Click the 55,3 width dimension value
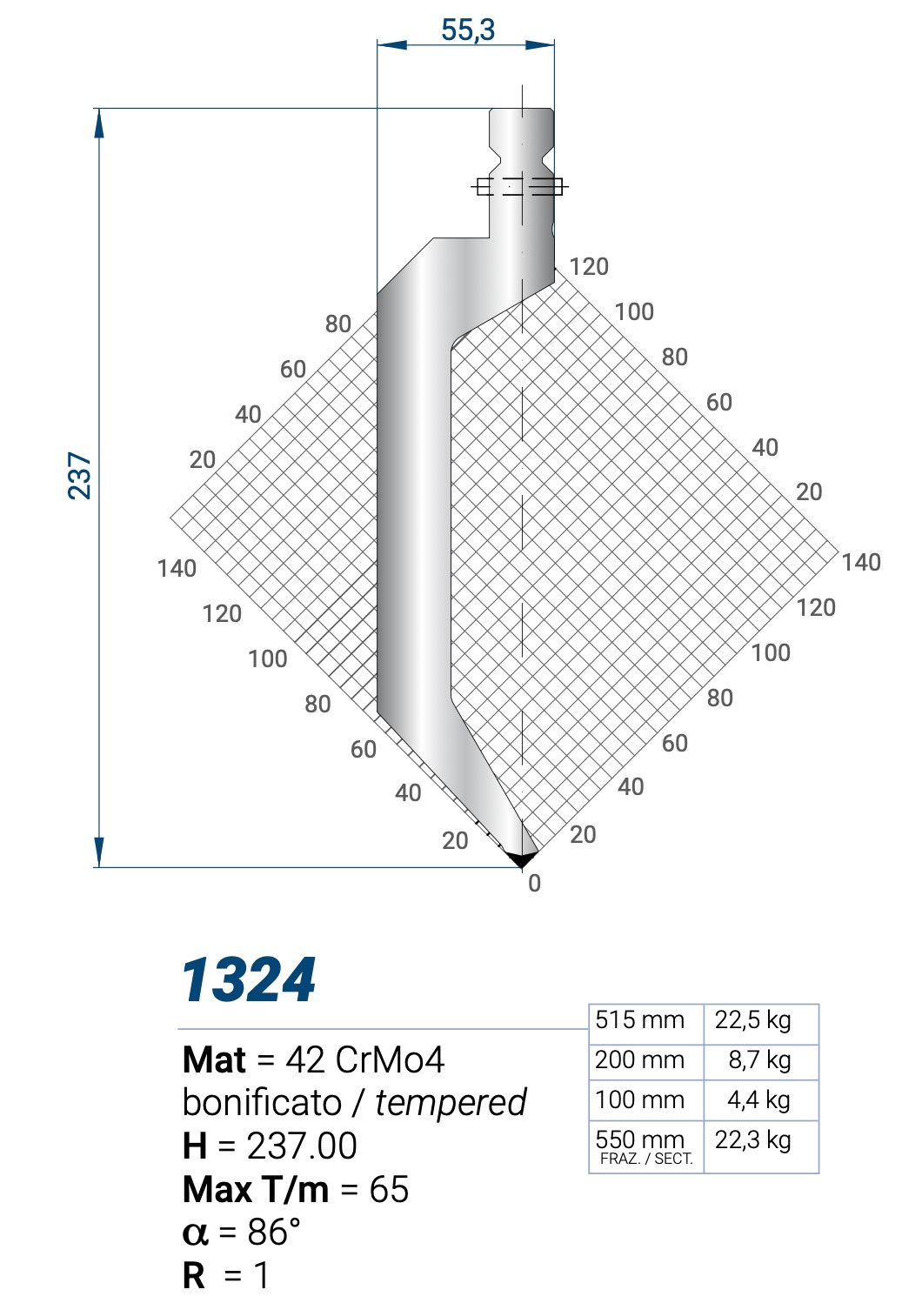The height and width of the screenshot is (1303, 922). tap(467, 30)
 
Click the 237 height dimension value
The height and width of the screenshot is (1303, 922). tap(79, 475)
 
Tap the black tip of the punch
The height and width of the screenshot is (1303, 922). tap(522, 860)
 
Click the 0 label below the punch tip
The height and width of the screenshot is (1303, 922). tap(534, 884)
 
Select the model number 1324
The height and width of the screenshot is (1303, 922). tap(249, 980)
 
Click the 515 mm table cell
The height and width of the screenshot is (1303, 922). tap(639, 1020)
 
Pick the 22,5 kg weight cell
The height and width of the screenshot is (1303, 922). tap(752, 1020)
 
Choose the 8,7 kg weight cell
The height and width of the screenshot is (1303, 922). tap(759, 1060)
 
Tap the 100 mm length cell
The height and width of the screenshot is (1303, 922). tap(639, 1100)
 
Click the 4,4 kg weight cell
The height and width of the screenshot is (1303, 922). tap(758, 1100)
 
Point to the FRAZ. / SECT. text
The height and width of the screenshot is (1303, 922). tap(646, 1159)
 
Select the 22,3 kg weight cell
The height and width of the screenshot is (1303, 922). tap(752, 1140)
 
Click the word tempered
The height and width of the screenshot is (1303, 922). tap(451, 1103)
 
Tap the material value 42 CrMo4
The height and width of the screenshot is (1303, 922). tap(364, 1060)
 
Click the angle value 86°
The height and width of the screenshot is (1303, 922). tap(274, 1233)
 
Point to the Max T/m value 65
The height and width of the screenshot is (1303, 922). tap(389, 1190)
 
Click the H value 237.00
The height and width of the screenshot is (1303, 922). tap(302, 1146)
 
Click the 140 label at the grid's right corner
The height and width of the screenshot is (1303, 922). tap(861, 563)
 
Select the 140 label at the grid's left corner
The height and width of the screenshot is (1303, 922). tap(177, 569)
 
